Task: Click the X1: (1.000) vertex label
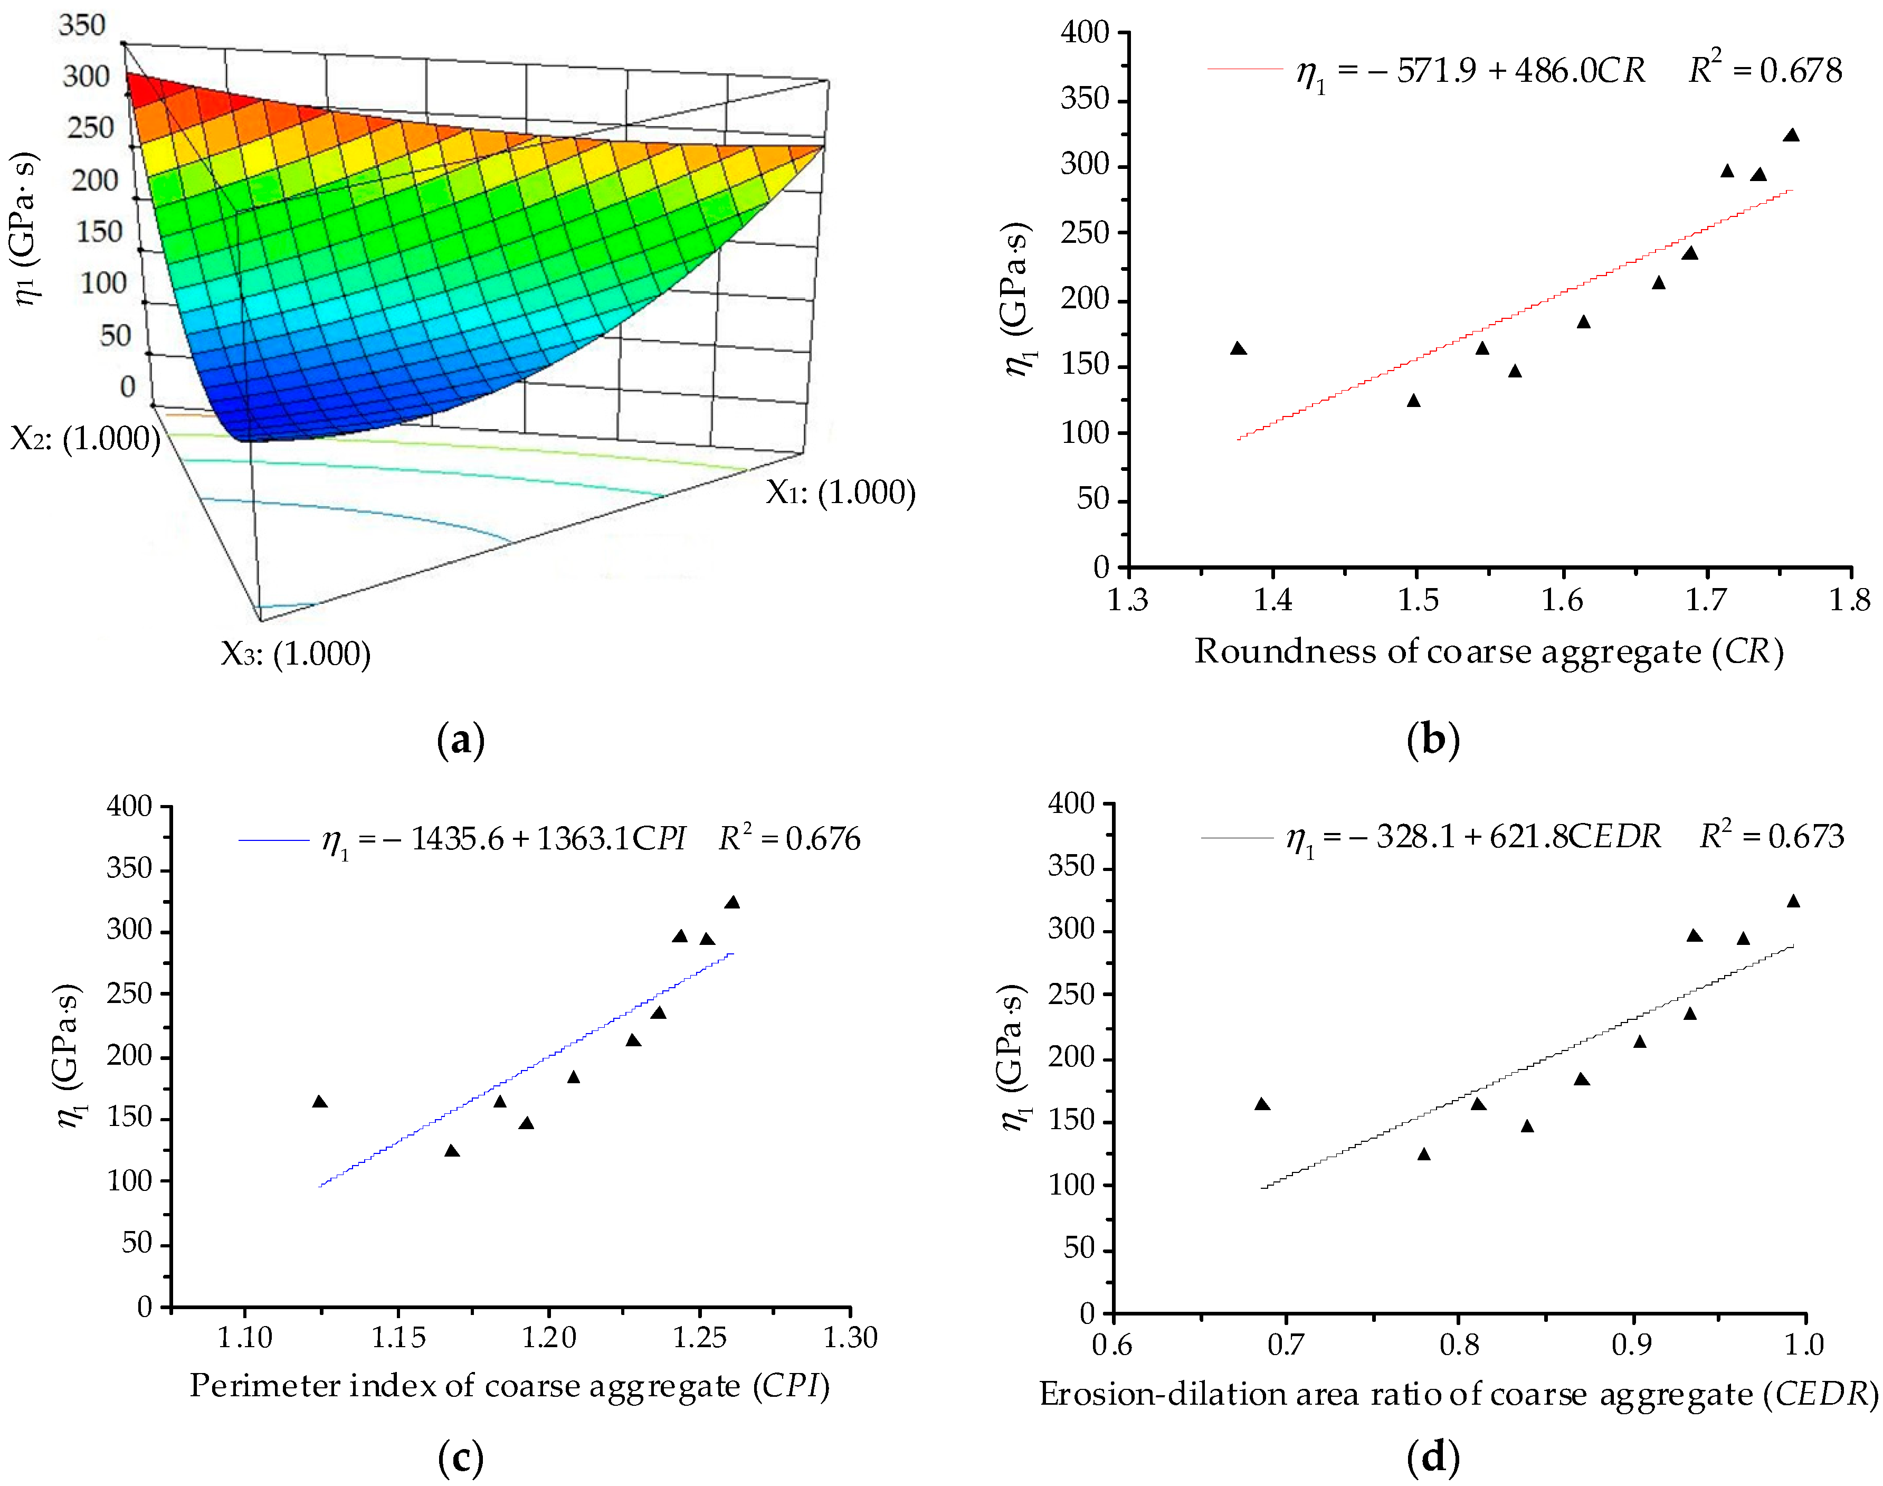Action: pos(840,493)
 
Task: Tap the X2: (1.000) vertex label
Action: pos(84,438)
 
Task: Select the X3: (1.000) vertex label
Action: pos(296,654)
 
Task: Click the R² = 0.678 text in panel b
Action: pos(1765,70)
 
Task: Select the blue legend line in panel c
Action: pos(274,839)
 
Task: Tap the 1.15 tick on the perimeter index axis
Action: pos(398,1337)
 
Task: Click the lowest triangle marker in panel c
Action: pos(451,1151)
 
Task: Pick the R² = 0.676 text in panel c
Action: pos(789,838)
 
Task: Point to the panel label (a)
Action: pos(460,741)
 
